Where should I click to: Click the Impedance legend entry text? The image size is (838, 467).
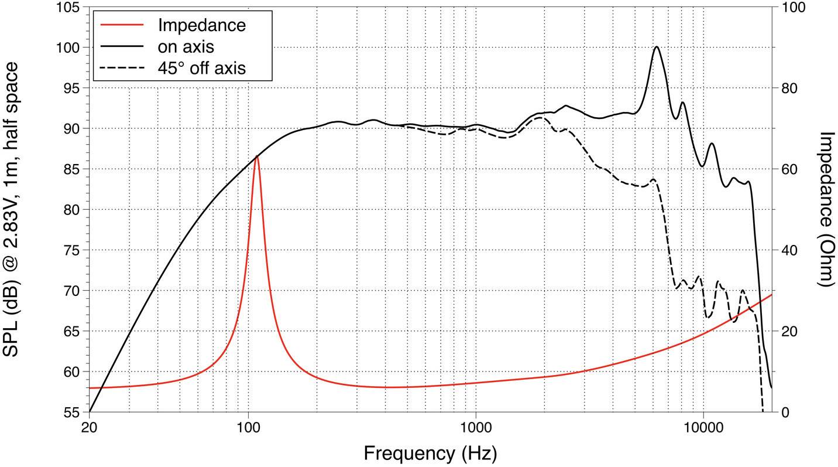(201, 25)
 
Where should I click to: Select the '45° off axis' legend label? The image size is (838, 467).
(201, 68)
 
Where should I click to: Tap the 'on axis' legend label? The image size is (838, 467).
(186, 47)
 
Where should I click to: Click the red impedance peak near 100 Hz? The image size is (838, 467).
(256, 156)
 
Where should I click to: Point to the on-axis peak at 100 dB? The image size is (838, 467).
(657, 47)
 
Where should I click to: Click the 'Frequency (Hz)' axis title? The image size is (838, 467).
(430, 453)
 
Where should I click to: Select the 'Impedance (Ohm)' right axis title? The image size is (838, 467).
(825, 209)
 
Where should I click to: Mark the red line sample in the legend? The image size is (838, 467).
(122, 25)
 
